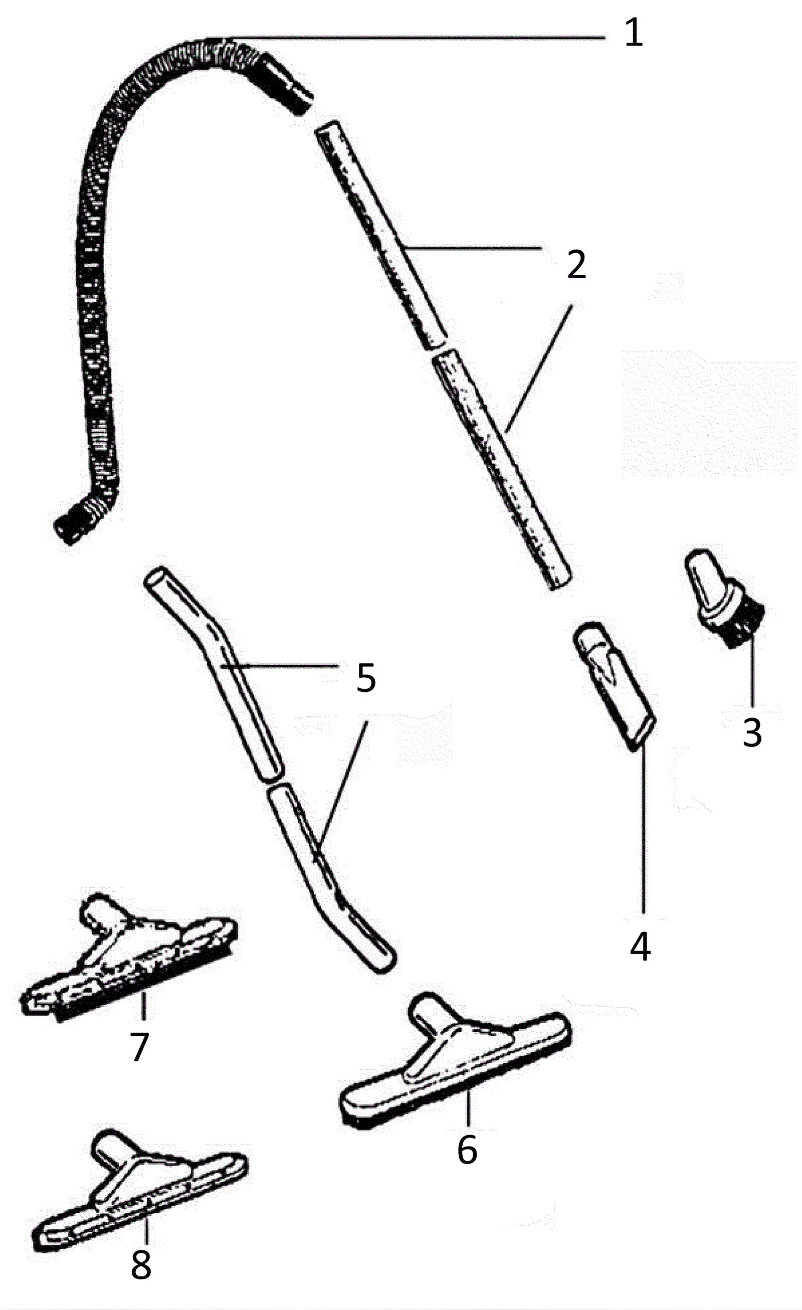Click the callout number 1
coord(633,33)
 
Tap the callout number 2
coord(576,264)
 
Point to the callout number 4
coord(640,947)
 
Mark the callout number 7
coord(139,1046)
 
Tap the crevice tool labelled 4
coord(614,683)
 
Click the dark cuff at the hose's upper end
coord(287,85)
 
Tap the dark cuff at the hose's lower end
coord(72,524)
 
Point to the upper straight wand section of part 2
coord(380,234)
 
